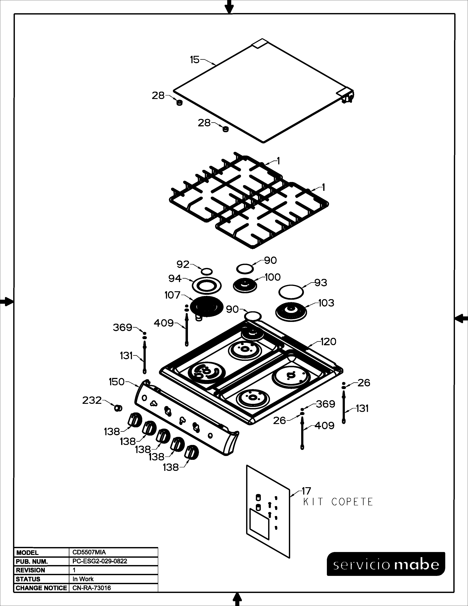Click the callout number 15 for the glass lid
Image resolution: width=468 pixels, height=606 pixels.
pyautogui.click(x=195, y=60)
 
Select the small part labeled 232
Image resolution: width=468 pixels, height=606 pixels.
pyautogui.click(x=118, y=408)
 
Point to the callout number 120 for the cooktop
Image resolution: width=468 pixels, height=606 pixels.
pyautogui.click(x=328, y=342)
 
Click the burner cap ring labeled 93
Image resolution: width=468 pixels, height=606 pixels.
pyautogui.click(x=291, y=292)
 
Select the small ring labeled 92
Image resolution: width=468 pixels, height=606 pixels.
pyautogui.click(x=207, y=271)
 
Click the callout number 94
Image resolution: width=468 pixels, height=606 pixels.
pyautogui.click(x=175, y=278)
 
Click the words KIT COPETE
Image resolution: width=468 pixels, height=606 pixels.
pyautogui.click(x=338, y=502)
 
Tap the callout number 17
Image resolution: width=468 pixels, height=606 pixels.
pyautogui.click(x=306, y=491)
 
